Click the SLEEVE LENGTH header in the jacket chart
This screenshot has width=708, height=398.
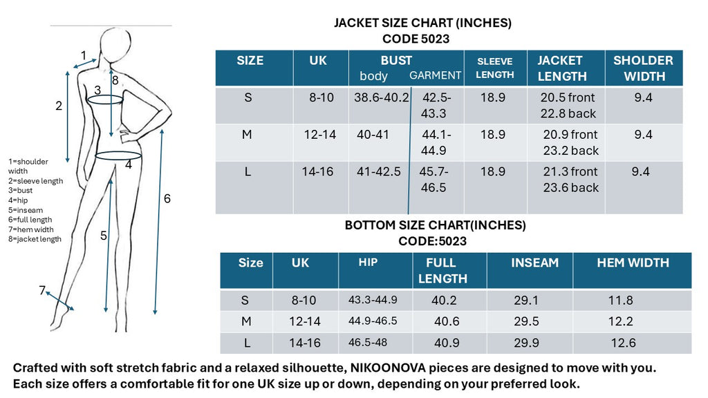pyautogui.click(x=495, y=68)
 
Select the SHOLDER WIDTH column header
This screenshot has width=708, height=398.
pyautogui.click(x=643, y=68)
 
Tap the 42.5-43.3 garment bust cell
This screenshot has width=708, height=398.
pyautogui.click(x=434, y=105)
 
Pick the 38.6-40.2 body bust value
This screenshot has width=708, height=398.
pyautogui.click(x=382, y=97)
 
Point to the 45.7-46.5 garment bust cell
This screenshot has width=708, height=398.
pyautogui.click(x=434, y=179)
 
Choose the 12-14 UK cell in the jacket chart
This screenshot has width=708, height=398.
pyautogui.click(x=320, y=134)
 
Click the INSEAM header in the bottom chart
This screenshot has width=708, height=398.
pyautogui.click(x=534, y=263)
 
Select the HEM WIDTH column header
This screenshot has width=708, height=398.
pyautogui.click(x=633, y=263)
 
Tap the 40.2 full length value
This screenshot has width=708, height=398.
pyautogui.click(x=445, y=301)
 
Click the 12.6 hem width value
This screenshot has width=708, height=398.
pyautogui.click(x=622, y=343)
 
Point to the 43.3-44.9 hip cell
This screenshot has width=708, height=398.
pyautogui.click(x=373, y=300)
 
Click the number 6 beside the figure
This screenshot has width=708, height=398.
pyautogui.click(x=167, y=199)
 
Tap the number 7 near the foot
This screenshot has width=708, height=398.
pyautogui.click(x=42, y=290)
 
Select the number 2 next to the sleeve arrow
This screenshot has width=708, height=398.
pyautogui.click(x=59, y=106)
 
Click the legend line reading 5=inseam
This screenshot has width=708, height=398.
pyautogui.click(x=26, y=210)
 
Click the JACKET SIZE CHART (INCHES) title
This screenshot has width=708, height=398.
pyautogui.click(x=422, y=23)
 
